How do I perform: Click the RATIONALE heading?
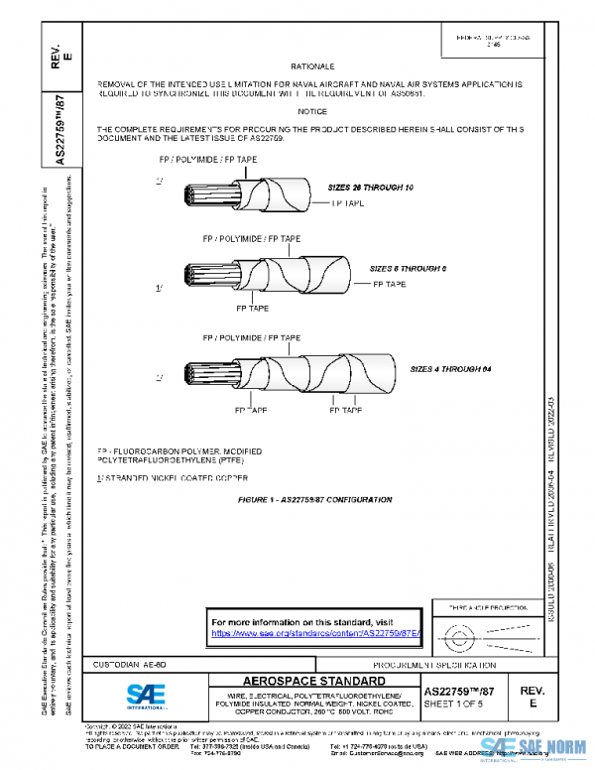(x=312, y=64)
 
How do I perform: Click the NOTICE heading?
(x=312, y=111)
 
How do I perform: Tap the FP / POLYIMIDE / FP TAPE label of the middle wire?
(x=251, y=239)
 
